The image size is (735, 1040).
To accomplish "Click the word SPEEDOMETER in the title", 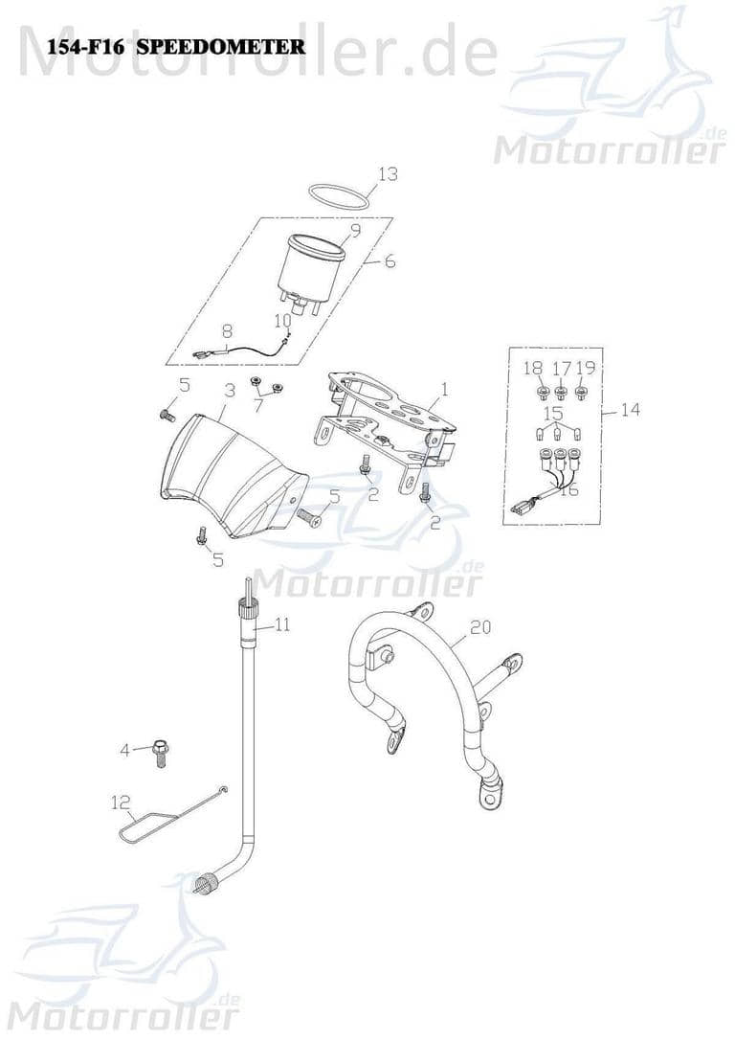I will [x=222, y=45].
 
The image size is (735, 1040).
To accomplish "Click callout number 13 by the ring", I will [x=387, y=174].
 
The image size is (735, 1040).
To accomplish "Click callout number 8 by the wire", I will [x=227, y=330].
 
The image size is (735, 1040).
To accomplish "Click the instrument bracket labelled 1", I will [x=383, y=421].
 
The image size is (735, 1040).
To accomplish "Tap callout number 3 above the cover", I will [x=230, y=390].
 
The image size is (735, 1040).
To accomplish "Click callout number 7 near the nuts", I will [x=256, y=406].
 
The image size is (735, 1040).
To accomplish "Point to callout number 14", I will [x=630, y=410].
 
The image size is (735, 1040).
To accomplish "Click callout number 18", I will [x=532, y=368].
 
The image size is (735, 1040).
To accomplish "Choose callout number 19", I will [x=586, y=368].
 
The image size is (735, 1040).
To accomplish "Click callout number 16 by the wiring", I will [x=568, y=490].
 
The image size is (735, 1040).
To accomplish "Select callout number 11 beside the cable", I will [x=282, y=624].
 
